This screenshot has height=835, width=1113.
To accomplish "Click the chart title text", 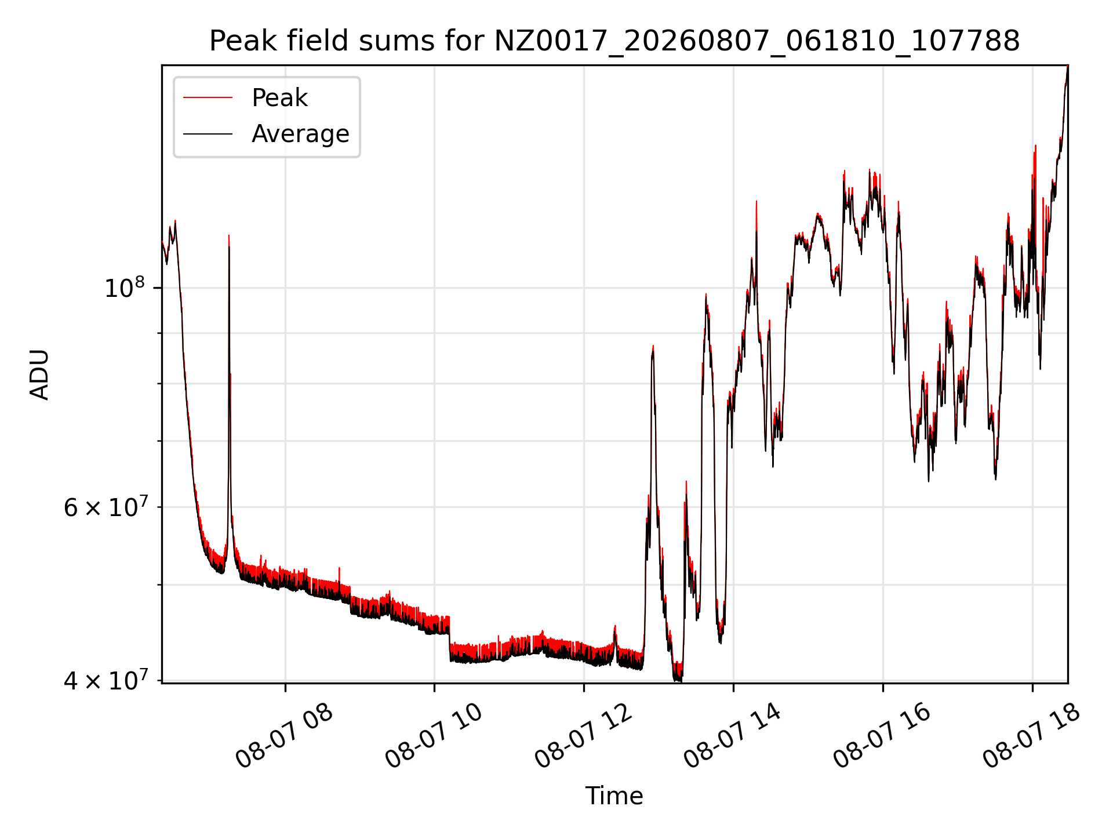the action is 614,41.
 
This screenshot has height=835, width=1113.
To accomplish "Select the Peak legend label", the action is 279,98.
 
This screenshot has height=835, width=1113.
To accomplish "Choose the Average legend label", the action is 300,134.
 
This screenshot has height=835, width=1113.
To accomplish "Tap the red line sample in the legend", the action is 208,98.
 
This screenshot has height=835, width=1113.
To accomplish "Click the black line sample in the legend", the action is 208,134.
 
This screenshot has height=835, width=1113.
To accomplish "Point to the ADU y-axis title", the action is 39,375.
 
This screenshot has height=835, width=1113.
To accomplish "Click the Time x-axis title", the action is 614,796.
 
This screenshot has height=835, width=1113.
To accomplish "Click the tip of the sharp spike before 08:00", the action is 229,235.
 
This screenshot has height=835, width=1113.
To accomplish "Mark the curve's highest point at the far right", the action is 1067,66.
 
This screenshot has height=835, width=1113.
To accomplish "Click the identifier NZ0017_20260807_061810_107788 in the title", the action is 756,42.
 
